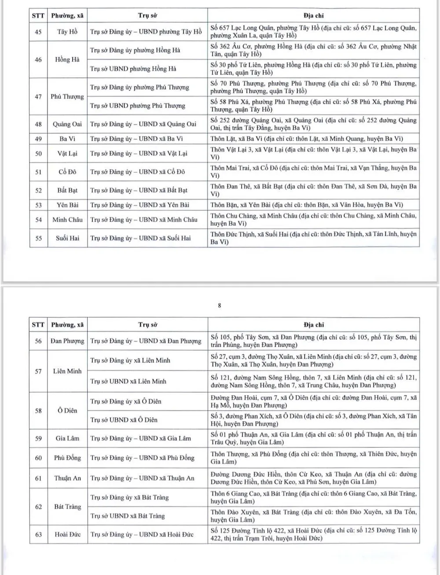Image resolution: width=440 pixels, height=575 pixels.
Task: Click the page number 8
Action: coord(220,305)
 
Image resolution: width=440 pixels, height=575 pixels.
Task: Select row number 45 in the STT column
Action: coord(38,32)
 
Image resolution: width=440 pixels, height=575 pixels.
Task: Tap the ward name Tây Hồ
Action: coord(67,32)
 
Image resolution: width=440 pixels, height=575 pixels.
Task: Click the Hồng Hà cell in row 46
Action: coord(67,59)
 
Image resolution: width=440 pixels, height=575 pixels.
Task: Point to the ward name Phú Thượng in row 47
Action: coord(67,96)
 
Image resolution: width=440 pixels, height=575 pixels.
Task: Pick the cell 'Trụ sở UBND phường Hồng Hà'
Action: coord(133,69)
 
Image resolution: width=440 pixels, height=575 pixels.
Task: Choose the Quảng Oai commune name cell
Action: coord(67,124)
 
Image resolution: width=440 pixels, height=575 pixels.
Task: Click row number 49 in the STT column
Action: coord(38,139)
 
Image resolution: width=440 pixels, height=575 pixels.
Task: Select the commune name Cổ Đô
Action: coord(67,172)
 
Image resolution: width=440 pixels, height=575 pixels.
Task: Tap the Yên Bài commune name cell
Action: coord(67,205)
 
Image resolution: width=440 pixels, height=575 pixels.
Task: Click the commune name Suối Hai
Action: coord(67,238)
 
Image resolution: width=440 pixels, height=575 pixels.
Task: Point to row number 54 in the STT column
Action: coord(38,219)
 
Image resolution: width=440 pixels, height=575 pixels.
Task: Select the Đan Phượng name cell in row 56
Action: coord(67,341)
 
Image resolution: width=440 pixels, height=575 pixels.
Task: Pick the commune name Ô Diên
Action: coord(67,411)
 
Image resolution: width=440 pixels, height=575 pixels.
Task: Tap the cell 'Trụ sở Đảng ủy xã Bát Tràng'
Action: coord(129,497)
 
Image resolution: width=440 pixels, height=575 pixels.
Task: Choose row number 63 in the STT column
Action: coord(38,534)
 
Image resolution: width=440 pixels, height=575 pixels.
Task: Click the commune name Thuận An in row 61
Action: coord(67,478)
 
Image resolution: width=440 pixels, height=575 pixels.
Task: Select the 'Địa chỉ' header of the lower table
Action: coord(313,325)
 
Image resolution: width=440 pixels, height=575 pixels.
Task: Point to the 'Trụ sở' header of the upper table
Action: coord(147,15)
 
